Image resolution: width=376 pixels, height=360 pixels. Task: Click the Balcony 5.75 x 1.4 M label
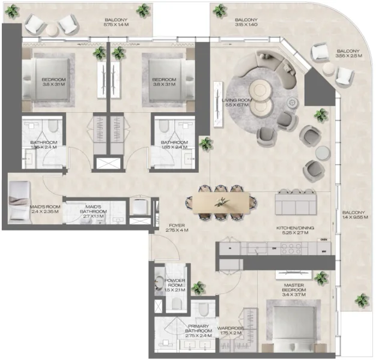(120, 22)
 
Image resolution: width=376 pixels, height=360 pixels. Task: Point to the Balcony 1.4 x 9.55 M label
(354, 215)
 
